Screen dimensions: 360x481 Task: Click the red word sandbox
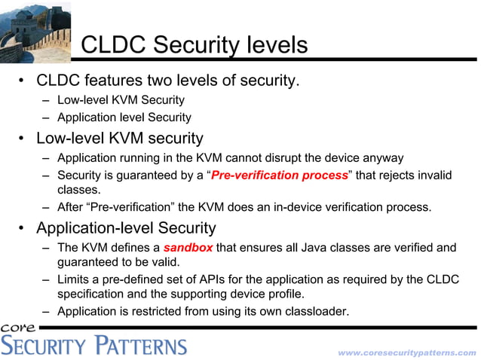[x=188, y=247]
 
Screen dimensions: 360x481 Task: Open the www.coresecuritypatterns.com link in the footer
[x=407, y=352]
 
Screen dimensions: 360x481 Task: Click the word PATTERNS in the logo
[x=140, y=346]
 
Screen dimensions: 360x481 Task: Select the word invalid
[x=436, y=175]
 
